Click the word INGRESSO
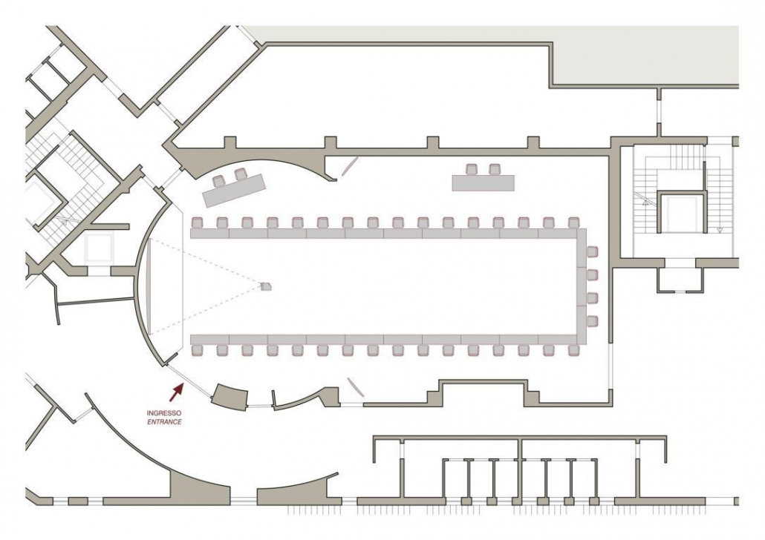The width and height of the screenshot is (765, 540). [164, 413]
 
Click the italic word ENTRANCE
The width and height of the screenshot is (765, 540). [164, 422]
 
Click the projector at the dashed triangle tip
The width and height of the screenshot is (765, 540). [265, 286]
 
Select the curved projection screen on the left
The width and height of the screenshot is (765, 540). [149, 287]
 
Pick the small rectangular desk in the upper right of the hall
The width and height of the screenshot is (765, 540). [483, 182]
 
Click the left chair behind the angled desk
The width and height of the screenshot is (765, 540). [218, 181]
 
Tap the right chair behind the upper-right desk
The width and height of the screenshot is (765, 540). [495, 169]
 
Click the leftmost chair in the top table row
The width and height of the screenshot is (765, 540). [197, 223]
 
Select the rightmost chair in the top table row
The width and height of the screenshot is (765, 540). [573, 223]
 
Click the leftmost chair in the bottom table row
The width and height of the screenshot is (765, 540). [197, 350]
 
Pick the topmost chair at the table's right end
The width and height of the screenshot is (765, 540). [592, 252]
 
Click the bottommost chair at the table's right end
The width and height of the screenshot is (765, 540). [592, 321]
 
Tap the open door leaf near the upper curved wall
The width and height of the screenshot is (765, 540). [349, 165]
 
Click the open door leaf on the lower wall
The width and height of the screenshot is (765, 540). [355, 387]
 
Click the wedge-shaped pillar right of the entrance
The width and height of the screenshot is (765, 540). [230, 396]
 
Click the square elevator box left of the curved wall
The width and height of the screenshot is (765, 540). [99, 248]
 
